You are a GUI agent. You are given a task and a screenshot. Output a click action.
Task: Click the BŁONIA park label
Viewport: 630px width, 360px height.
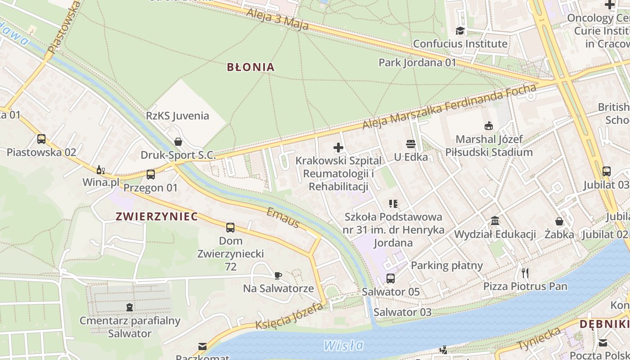251,67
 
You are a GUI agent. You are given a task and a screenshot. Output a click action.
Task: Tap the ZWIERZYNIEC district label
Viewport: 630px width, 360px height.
157,216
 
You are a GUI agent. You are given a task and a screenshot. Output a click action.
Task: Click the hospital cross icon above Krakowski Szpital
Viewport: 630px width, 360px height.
338,147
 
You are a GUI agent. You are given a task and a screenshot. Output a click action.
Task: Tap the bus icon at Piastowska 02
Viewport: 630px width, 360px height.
41,139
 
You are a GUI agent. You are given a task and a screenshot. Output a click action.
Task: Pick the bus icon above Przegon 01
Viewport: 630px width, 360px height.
151,174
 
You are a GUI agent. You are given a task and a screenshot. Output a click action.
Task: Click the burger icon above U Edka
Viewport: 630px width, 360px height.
410,144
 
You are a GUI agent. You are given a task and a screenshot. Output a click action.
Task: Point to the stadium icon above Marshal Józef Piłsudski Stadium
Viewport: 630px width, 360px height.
489,126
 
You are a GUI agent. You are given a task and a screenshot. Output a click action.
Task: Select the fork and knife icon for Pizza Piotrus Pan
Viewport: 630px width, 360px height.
525,273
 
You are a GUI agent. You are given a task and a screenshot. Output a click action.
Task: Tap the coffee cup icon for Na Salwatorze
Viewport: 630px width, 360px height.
278,275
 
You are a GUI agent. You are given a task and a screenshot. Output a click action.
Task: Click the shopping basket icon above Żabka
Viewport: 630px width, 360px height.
559,221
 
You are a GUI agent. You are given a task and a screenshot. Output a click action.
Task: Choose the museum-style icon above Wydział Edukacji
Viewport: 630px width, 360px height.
495,221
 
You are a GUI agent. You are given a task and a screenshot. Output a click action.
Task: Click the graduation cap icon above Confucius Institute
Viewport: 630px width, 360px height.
460,31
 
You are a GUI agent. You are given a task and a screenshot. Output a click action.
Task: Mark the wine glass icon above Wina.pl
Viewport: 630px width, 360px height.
100,170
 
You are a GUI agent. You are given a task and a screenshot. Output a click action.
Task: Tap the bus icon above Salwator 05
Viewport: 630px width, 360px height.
391,278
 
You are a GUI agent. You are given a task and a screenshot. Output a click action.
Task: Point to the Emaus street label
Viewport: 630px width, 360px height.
283,218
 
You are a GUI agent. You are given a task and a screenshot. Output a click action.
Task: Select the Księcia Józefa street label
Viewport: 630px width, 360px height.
289,316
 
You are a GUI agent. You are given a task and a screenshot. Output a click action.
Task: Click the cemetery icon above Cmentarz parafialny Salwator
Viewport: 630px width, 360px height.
130,307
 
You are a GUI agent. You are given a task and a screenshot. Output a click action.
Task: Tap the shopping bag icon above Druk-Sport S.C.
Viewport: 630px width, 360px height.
178,142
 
